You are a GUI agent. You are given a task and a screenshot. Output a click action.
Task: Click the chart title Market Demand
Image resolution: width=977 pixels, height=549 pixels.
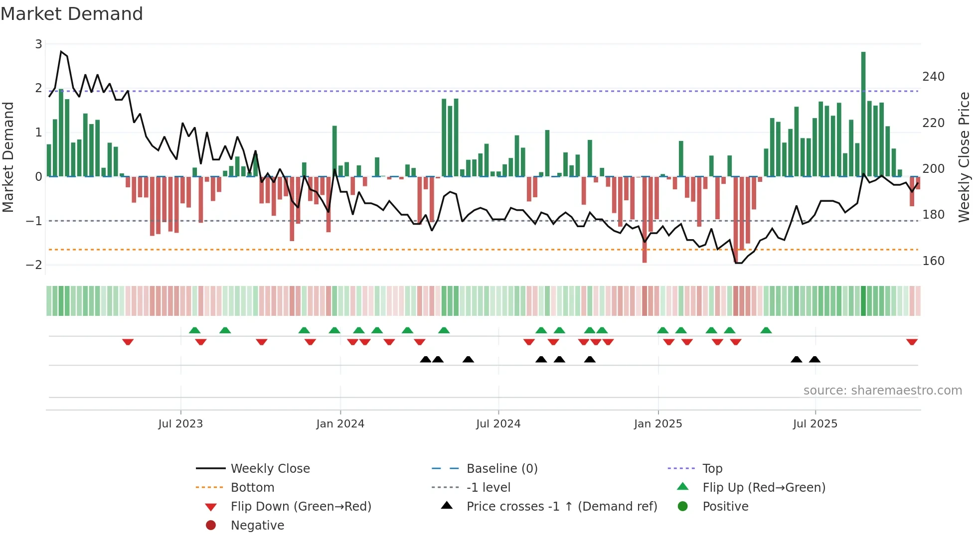72,14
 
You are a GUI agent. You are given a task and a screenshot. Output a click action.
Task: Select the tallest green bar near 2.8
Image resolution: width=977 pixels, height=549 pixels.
863,115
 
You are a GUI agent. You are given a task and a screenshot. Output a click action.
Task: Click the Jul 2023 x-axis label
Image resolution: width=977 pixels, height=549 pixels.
180,424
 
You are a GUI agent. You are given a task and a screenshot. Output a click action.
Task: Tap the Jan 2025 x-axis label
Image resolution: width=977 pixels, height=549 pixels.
658,424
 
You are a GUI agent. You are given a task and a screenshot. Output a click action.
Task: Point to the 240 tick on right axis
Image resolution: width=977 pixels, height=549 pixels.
933,77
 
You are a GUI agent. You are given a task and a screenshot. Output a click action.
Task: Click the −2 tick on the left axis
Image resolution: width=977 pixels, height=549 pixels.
34,265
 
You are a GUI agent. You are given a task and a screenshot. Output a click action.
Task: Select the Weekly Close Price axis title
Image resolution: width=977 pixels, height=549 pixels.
964,157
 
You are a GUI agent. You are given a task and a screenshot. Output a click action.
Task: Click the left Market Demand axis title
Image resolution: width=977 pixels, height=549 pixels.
8,157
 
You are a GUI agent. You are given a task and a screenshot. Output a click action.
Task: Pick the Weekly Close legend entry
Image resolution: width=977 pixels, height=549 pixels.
270,469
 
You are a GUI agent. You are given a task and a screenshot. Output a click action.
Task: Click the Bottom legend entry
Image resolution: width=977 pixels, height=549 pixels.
252,488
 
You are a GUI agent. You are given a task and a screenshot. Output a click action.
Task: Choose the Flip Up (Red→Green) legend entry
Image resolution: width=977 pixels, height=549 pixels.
764,488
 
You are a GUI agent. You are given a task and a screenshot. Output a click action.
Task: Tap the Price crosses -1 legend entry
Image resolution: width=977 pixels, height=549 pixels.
561,507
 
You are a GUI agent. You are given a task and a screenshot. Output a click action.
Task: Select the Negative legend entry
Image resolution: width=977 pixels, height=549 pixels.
257,526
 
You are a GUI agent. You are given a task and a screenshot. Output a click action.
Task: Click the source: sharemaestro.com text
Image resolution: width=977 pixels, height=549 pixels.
882,391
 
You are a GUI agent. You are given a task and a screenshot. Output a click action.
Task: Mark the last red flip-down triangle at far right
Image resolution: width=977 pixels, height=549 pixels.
912,342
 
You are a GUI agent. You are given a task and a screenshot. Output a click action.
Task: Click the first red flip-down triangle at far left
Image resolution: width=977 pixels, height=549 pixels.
128,342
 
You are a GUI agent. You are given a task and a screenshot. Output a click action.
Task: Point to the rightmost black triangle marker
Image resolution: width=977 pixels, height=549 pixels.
814,359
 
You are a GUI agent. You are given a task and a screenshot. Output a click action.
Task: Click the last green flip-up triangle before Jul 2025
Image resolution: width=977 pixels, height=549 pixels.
766,330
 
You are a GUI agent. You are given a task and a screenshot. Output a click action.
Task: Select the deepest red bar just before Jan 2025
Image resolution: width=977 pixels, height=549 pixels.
645,219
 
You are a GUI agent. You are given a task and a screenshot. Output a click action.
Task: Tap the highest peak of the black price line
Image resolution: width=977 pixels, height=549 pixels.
61,51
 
